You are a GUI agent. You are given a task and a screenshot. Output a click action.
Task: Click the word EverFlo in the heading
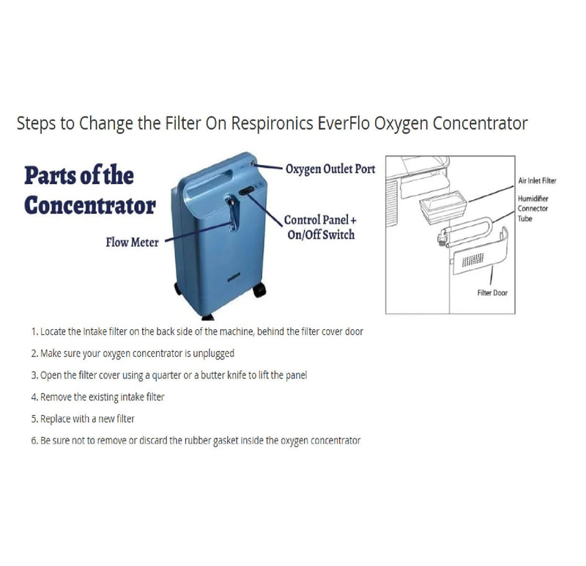click(x=343, y=123)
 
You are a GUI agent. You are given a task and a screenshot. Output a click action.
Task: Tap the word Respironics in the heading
click(x=275, y=123)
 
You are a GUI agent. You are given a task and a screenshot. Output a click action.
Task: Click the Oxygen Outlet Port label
click(x=330, y=169)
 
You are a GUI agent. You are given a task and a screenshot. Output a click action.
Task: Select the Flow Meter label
click(x=132, y=242)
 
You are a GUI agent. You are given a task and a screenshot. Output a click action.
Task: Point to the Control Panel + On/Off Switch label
click(x=319, y=227)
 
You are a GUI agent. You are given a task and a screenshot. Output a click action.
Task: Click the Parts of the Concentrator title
click(x=89, y=190)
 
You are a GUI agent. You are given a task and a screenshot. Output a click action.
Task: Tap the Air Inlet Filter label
click(x=537, y=180)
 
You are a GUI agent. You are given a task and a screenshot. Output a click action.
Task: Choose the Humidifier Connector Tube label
click(x=534, y=208)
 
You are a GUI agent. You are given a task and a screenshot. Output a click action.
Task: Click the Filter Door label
click(x=493, y=293)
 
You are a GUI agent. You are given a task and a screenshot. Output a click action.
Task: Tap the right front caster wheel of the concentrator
click(x=259, y=290)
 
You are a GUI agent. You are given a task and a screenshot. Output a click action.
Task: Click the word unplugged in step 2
click(x=212, y=353)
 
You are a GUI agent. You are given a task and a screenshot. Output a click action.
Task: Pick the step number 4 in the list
click(x=34, y=397)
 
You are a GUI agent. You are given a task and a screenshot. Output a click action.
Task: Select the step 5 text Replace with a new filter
click(x=88, y=419)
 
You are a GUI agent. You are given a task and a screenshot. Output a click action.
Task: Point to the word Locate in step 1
click(x=55, y=331)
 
